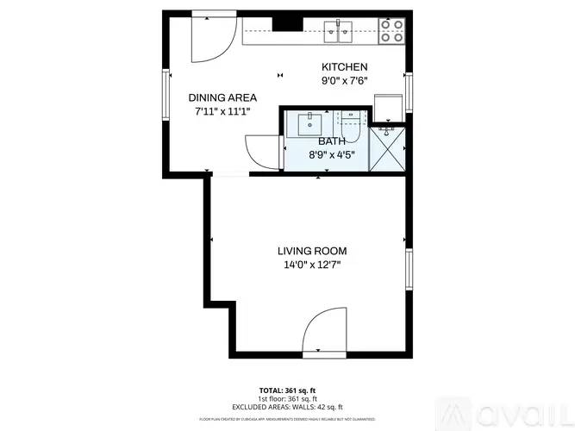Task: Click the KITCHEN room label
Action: (x=345, y=67)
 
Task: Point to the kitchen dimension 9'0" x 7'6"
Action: (x=345, y=81)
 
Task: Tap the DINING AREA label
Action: (x=222, y=97)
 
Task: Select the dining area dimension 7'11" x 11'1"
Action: (x=222, y=111)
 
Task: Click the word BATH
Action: (x=332, y=141)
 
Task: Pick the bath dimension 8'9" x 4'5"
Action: (x=332, y=155)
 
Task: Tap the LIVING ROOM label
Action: (x=312, y=251)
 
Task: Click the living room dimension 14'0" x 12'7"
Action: (x=312, y=265)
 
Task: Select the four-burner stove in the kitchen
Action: (x=392, y=31)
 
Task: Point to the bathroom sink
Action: (x=310, y=123)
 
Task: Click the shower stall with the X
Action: (x=386, y=151)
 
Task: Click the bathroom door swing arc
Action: (x=263, y=153)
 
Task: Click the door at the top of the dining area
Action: (x=211, y=37)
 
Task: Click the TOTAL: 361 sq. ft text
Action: (x=287, y=390)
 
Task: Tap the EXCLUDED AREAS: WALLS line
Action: (x=287, y=406)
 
